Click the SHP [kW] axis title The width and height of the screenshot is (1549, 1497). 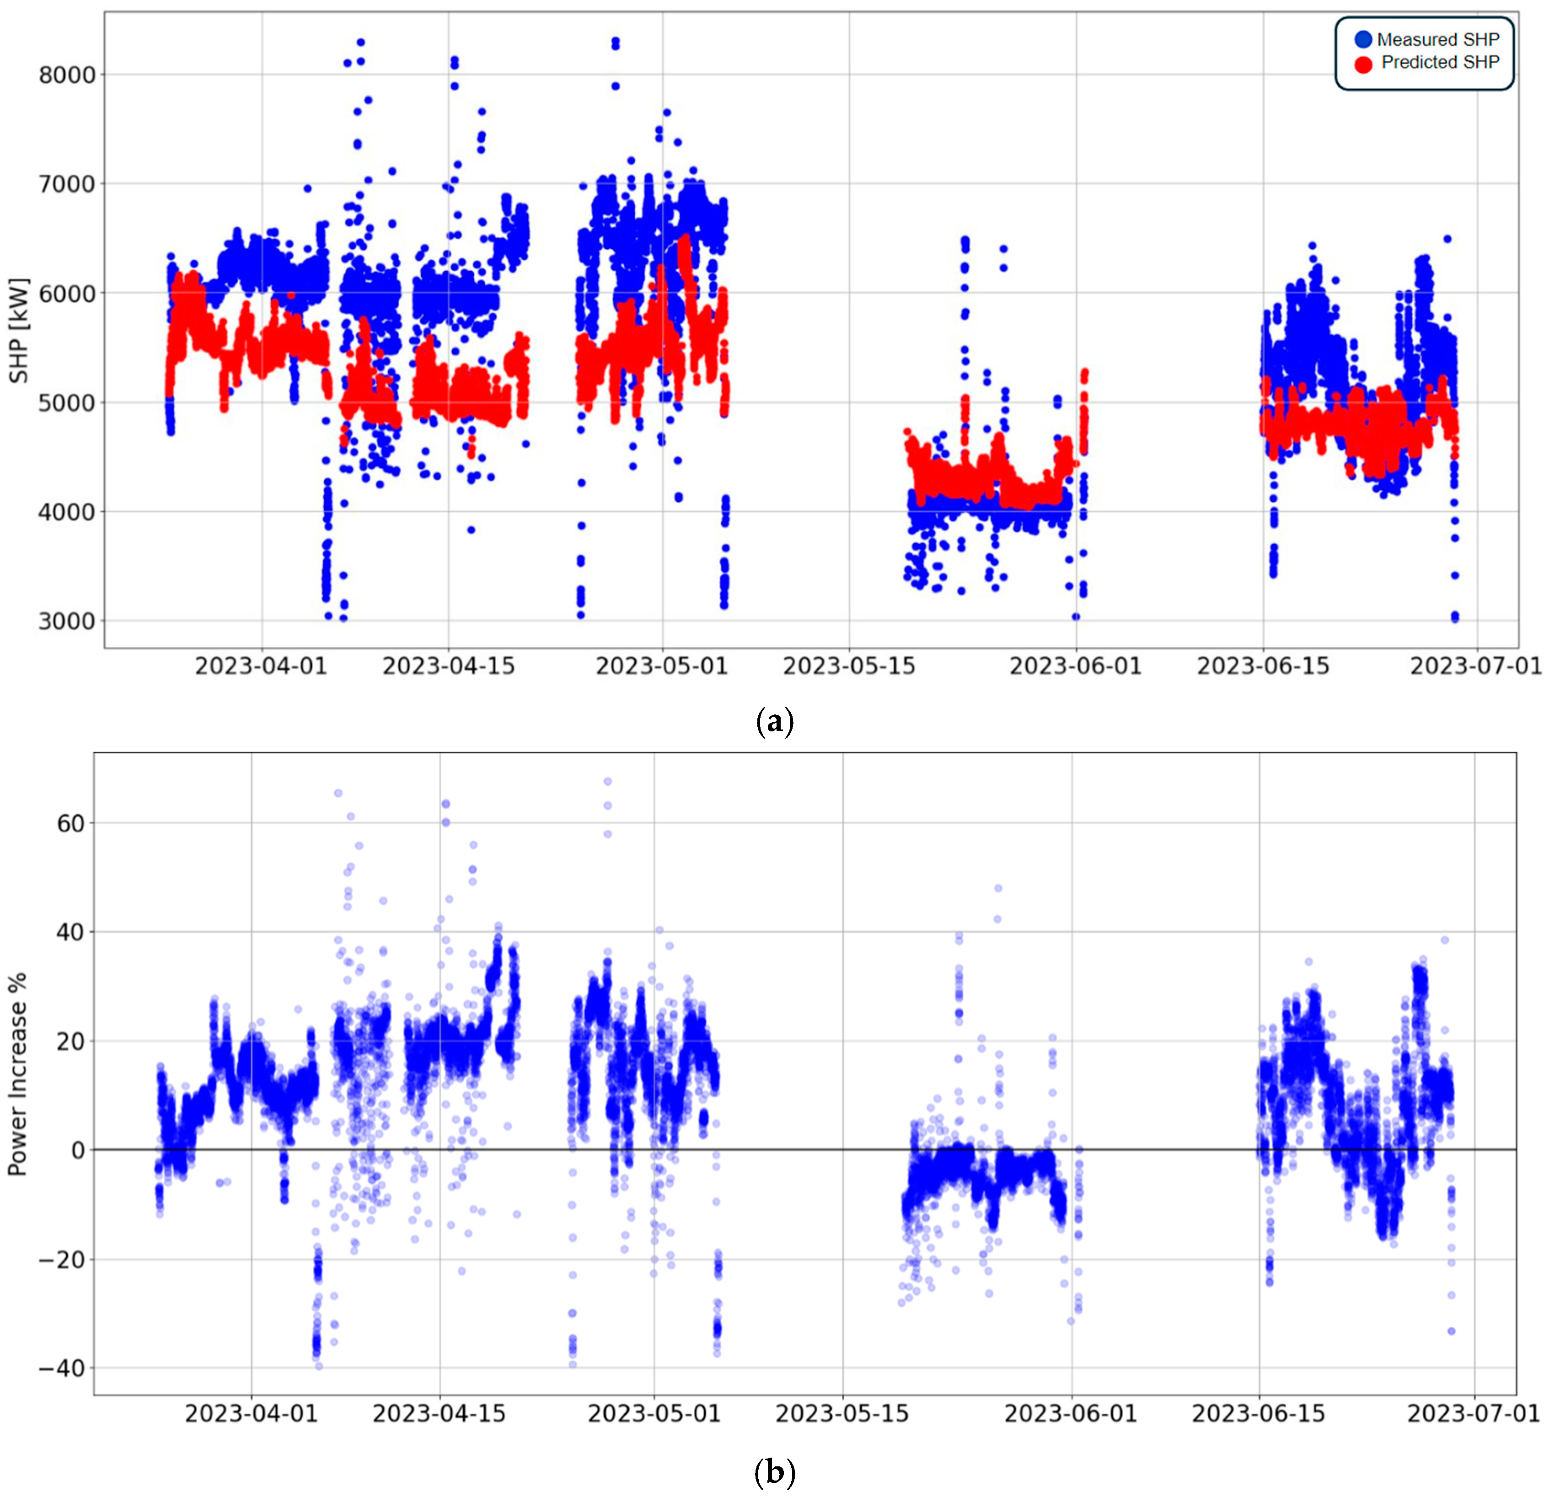(x=19, y=330)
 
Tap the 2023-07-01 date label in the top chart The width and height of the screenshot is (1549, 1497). (x=1476, y=666)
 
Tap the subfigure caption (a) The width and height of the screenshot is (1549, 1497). (x=775, y=722)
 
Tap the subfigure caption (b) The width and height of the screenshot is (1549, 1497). (x=775, y=1472)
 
